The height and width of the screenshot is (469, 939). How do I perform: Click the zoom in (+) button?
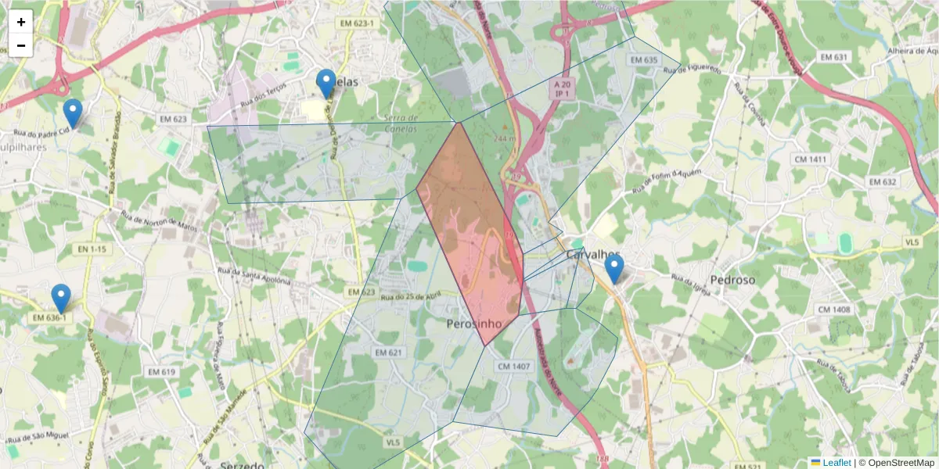pyautogui.click(x=21, y=22)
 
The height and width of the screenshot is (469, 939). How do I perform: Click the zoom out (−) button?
pyautogui.click(x=21, y=45)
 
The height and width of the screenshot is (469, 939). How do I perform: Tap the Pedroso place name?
pyautogui.click(x=732, y=279)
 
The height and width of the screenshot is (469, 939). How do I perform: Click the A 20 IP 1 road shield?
pyautogui.click(x=561, y=88)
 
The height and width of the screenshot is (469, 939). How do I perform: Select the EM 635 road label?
pyautogui.click(x=642, y=60)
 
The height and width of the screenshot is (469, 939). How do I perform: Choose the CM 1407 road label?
pyautogui.click(x=513, y=366)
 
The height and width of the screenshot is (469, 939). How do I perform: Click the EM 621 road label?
pyautogui.click(x=388, y=353)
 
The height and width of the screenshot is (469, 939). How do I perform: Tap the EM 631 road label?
pyautogui.click(x=834, y=57)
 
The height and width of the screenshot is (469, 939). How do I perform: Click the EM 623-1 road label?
pyautogui.click(x=358, y=24)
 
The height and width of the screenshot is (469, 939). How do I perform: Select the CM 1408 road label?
pyautogui.click(x=833, y=310)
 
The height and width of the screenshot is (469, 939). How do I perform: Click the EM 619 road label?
pyautogui.click(x=158, y=372)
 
